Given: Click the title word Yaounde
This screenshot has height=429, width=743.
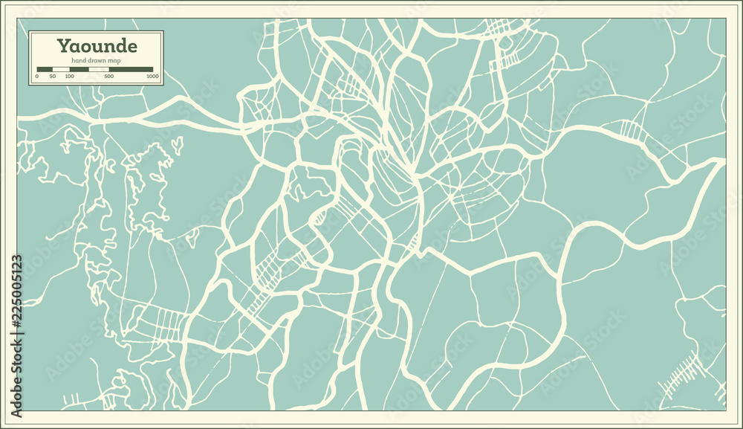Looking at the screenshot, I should (97, 45).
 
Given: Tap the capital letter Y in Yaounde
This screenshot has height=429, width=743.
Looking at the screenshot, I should (65, 45).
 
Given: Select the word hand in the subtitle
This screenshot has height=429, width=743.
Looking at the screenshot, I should (79, 61).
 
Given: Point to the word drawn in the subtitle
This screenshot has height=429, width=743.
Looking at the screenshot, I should (97, 61).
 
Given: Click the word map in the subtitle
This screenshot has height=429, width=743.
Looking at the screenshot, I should (114, 61).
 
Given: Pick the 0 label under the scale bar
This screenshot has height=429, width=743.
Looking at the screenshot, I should (37, 77).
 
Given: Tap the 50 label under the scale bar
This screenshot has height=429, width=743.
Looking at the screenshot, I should (53, 77).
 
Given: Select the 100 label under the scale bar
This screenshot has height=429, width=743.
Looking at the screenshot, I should (70, 77).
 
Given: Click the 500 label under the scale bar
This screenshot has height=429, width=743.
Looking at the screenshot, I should (109, 77).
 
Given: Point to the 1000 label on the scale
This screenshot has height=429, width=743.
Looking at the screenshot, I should (152, 77).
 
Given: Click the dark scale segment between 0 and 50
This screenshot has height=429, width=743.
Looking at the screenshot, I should (45, 69).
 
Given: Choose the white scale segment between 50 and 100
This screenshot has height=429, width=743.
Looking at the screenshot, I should (61, 69).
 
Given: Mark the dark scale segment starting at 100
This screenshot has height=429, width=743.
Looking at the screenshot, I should (80, 69).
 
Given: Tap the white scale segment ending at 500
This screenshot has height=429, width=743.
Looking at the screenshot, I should (99, 69).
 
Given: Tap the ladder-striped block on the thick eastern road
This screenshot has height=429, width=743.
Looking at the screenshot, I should (630, 131).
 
